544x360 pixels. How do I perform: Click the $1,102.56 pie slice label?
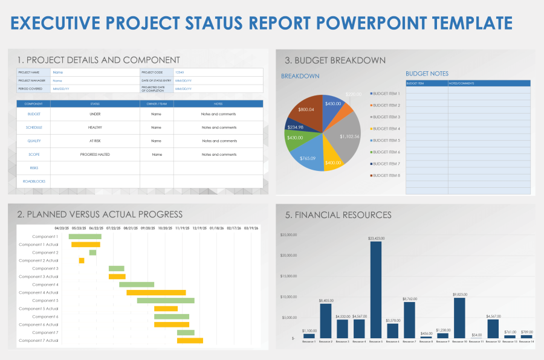349,137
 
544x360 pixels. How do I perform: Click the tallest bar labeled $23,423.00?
375,290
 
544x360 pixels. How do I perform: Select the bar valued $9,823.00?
459,318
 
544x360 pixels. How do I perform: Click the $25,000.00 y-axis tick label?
287,234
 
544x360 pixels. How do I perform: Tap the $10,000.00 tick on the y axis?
287,297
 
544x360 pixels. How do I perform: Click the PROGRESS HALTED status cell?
95,155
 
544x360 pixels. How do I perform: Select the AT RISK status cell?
95,141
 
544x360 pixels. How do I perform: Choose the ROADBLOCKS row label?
33,181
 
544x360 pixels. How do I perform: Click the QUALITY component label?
33,141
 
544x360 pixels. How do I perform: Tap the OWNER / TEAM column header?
156,104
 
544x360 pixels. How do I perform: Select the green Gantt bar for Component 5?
166,300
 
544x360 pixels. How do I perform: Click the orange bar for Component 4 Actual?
156,292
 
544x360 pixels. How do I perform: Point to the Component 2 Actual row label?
39,260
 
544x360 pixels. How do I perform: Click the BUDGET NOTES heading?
427,74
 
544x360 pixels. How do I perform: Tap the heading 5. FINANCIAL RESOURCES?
338,214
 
